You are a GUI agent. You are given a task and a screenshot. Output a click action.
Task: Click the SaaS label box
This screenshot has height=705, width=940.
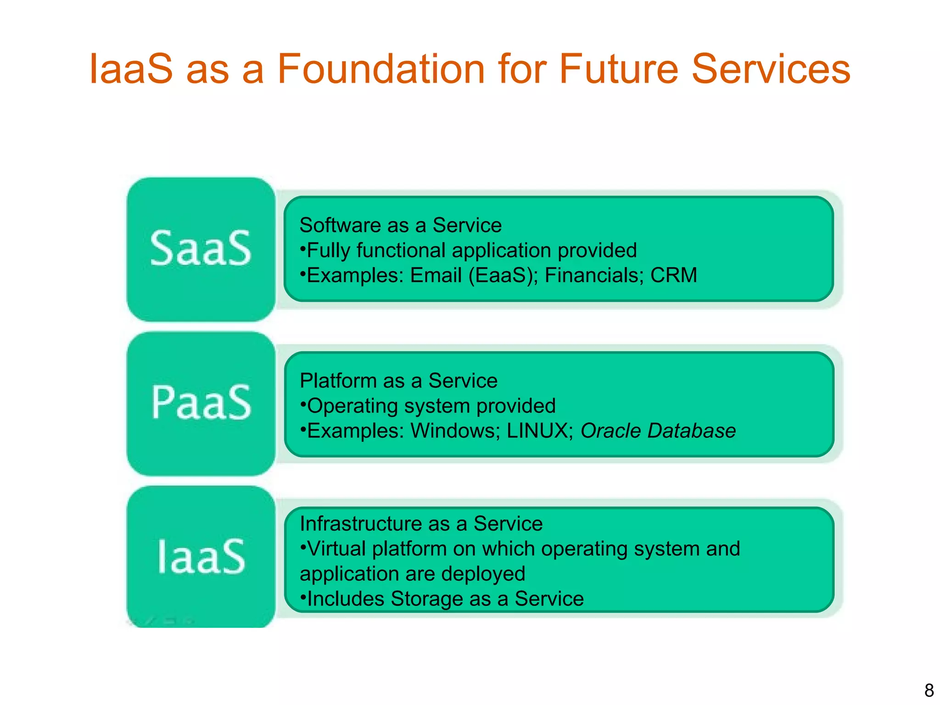pyautogui.click(x=201, y=249)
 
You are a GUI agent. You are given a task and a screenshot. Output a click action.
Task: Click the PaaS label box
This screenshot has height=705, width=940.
pyautogui.click(x=201, y=403)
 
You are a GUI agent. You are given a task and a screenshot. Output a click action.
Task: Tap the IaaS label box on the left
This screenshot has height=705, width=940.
pyautogui.click(x=201, y=557)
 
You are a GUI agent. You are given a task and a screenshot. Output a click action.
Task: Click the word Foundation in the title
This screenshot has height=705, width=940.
pyautogui.click(x=381, y=69)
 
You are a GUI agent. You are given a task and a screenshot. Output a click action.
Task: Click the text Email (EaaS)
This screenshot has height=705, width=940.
pyautogui.click(x=473, y=275)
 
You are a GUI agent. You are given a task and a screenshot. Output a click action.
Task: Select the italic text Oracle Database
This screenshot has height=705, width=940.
pyautogui.click(x=658, y=431)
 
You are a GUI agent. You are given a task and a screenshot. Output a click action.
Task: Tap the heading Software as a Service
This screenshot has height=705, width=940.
pyautogui.click(x=400, y=225)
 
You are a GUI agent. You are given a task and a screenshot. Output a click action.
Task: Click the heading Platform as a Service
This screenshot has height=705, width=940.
pyautogui.click(x=398, y=381)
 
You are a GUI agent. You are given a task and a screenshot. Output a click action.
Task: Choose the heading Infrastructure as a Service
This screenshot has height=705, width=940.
pyautogui.click(x=421, y=524)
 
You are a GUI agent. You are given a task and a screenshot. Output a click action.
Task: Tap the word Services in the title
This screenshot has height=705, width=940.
pyautogui.click(x=771, y=69)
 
